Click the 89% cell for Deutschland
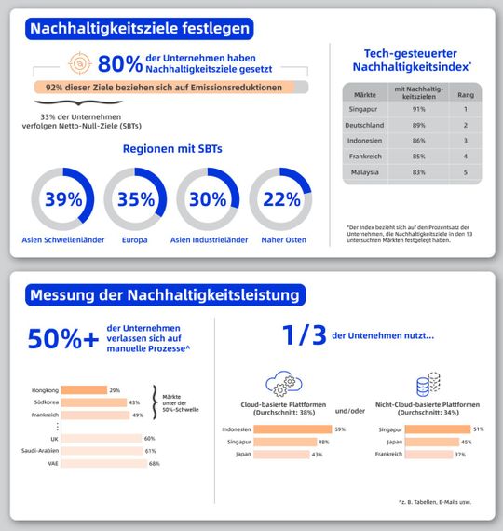[418, 124]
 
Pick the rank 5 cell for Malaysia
[465, 171]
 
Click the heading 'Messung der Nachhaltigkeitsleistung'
[166, 295]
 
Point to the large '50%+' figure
[63, 338]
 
